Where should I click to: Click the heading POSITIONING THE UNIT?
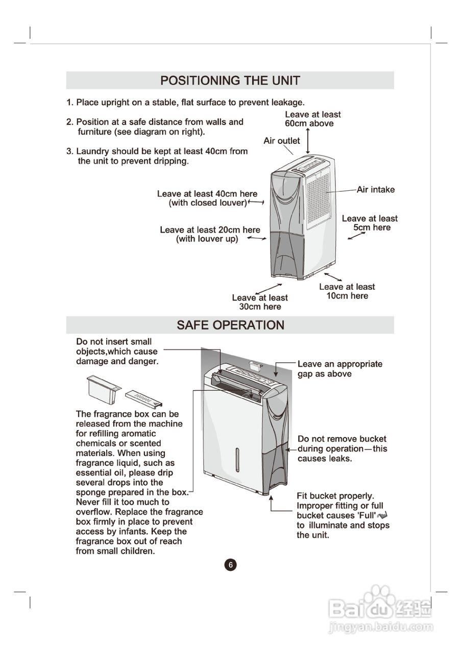coord(230,81)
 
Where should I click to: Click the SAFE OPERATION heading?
coord(230,325)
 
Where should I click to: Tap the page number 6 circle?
coord(230,565)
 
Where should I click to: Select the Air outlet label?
coord(281,141)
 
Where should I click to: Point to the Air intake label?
coord(375,190)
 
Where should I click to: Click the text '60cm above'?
coord(309,123)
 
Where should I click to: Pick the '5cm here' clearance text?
coord(372,228)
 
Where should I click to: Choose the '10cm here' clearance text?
coord(347,296)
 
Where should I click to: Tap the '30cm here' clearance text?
coord(260,307)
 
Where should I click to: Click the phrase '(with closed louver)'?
coord(208,203)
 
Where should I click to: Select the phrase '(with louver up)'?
coord(207,239)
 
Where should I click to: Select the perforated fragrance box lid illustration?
coord(144,395)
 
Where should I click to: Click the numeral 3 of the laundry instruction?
coord(69,152)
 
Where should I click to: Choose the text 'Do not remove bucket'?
coord(342,439)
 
